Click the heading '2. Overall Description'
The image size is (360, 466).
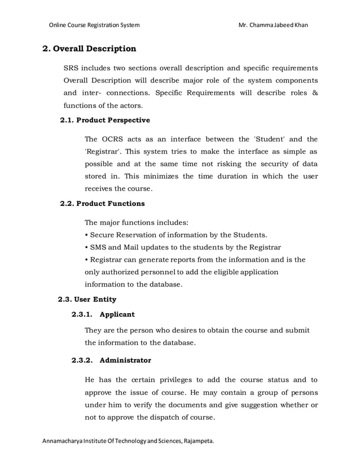coord(89,49)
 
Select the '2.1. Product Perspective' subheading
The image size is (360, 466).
coord(105,120)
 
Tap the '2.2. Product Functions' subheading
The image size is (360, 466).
coord(102,203)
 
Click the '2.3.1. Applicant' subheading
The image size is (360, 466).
coord(103,314)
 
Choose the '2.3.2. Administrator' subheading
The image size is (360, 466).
coord(111,359)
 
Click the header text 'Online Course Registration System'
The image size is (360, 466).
coord(94,25)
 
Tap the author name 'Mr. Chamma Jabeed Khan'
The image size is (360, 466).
coord(274,25)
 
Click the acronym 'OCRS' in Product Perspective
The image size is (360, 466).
coord(115,139)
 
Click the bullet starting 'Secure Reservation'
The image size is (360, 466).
coord(175,234)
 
